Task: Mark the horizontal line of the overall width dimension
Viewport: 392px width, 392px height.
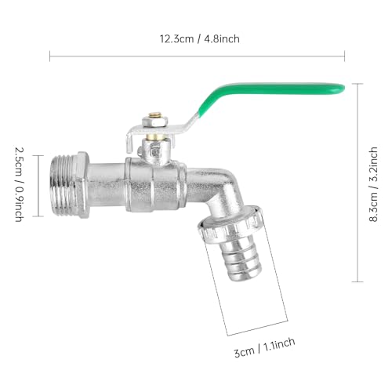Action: pos(197,55)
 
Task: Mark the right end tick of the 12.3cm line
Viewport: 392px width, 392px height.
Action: pos(345,55)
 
